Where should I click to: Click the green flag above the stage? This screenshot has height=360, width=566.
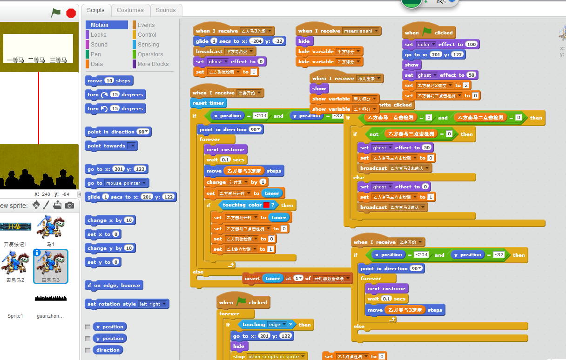tap(56, 13)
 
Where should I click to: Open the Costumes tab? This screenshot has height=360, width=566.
tap(130, 10)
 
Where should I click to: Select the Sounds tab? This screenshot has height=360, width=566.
tap(166, 10)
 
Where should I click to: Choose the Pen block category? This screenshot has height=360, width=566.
tap(95, 54)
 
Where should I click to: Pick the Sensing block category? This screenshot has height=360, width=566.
tap(148, 45)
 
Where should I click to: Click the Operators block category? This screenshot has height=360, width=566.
tap(150, 54)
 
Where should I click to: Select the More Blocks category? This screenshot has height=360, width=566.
tap(153, 64)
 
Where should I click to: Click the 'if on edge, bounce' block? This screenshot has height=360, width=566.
tap(114, 285)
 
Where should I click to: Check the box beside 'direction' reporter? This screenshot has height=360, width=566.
tap(88, 350)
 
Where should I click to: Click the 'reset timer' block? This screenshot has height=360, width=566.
tap(208, 103)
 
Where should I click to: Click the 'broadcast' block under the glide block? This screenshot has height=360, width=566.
tap(209, 51)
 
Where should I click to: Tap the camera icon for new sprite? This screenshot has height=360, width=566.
tap(69, 205)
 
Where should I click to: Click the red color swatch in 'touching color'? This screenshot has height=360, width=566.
tap(266, 205)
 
